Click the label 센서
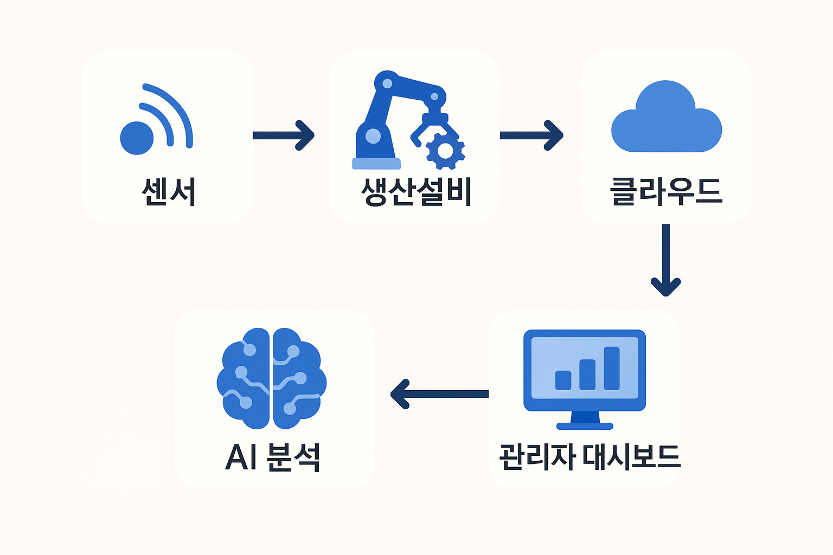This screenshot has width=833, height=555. [169, 191]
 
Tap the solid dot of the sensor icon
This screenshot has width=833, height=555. [137, 138]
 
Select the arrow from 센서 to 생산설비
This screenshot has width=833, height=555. [283, 135]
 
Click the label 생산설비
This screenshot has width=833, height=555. [416, 191]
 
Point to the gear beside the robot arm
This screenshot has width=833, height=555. [445, 150]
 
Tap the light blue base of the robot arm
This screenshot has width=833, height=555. [376, 163]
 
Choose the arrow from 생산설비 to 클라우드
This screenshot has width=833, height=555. [531, 135]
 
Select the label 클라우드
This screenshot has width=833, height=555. [667, 191]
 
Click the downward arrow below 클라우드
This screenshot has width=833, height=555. [666, 260]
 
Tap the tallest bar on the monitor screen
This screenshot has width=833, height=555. [612, 368]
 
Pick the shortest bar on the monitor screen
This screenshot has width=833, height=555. [563, 380]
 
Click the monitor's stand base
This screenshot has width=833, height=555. [585, 426]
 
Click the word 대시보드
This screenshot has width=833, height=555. [631, 457]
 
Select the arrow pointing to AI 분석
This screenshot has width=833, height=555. [439, 394]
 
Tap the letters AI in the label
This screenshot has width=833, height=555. [241, 457]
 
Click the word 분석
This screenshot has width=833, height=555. [293, 457]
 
